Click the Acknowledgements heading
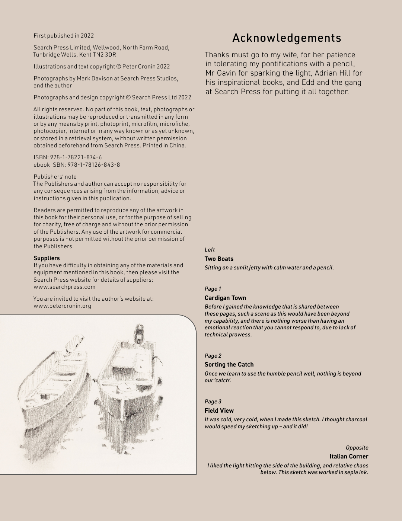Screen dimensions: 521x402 (287, 38)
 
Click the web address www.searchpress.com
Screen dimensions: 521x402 (64, 287)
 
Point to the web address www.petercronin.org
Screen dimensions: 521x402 (62, 306)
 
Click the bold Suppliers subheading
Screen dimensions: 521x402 (47, 258)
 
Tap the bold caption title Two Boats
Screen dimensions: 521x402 (219, 259)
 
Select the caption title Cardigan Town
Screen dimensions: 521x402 (225, 298)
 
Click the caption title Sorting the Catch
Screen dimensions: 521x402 (229, 365)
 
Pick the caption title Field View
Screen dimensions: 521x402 (219, 411)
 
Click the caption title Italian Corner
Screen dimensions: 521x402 (349, 457)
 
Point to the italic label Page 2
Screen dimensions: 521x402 (213, 356)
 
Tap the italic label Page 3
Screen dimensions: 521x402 (213, 402)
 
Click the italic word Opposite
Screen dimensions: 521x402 (357, 448)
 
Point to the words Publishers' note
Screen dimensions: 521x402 (55, 177)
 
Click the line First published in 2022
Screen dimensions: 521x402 (64, 36)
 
